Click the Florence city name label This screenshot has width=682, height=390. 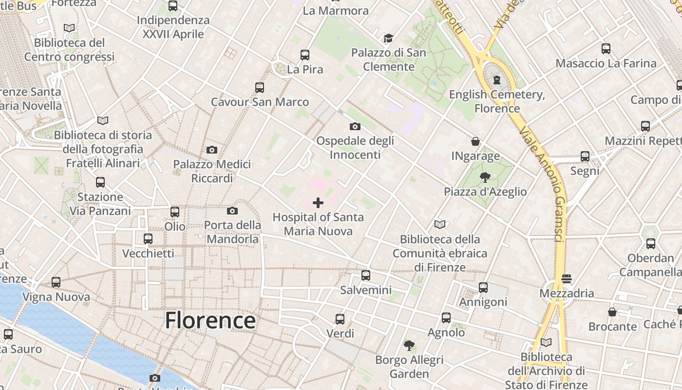pyautogui.click(x=210, y=320)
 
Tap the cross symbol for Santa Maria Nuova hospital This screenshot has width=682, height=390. pyautogui.click(x=318, y=202)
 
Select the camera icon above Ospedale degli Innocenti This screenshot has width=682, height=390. pyautogui.click(x=355, y=126)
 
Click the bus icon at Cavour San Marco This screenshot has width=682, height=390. pyautogui.click(x=260, y=88)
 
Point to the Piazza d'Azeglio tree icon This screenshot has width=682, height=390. pyautogui.click(x=485, y=177)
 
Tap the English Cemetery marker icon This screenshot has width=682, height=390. pyautogui.click(x=497, y=79)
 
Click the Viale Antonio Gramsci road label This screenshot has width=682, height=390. pyautogui.click(x=542, y=185)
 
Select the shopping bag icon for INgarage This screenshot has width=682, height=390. pyautogui.click(x=475, y=141)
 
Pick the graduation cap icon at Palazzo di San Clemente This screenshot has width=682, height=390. pyautogui.click(x=388, y=38)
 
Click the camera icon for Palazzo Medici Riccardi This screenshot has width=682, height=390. pyautogui.click(x=212, y=150)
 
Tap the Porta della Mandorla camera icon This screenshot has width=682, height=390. pyautogui.click(x=232, y=211)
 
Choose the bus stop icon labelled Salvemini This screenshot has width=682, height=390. pyautogui.click(x=366, y=275)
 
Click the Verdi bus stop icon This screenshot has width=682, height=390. pyautogui.click(x=340, y=319)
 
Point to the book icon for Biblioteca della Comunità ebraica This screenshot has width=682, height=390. pyautogui.click(x=440, y=224)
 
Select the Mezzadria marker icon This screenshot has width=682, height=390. pyautogui.click(x=566, y=279)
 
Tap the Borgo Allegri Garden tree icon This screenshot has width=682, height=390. pyautogui.click(x=409, y=346)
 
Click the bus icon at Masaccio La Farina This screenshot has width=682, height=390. pyautogui.click(x=606, y=49)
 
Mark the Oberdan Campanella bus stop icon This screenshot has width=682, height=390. pyautogui.click(x=651, y=243)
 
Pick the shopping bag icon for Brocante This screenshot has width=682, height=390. pyautogui.click(x=612, y=312)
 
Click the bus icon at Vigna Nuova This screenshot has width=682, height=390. pyautogui.click(x=56, y=282)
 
